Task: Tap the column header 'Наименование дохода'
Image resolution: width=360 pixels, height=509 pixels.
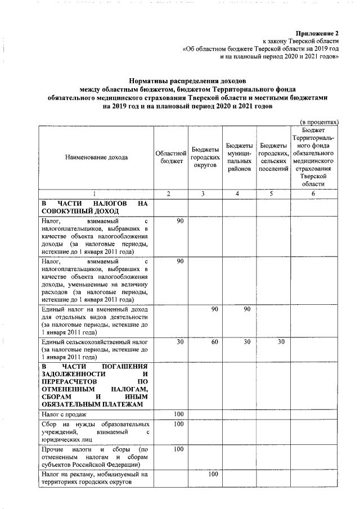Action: pos(95,157)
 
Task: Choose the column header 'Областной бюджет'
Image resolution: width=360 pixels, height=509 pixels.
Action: pos(170,157)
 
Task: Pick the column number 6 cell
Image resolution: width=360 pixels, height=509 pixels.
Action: pos(313,194)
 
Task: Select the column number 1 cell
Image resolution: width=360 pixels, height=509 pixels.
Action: pos(95,194)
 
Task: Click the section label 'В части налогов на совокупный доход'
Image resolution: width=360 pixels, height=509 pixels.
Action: pos(94,207)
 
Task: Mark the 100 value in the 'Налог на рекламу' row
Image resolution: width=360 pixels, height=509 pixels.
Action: pos(213,474)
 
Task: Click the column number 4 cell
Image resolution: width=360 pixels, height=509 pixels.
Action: pos(238,194)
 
